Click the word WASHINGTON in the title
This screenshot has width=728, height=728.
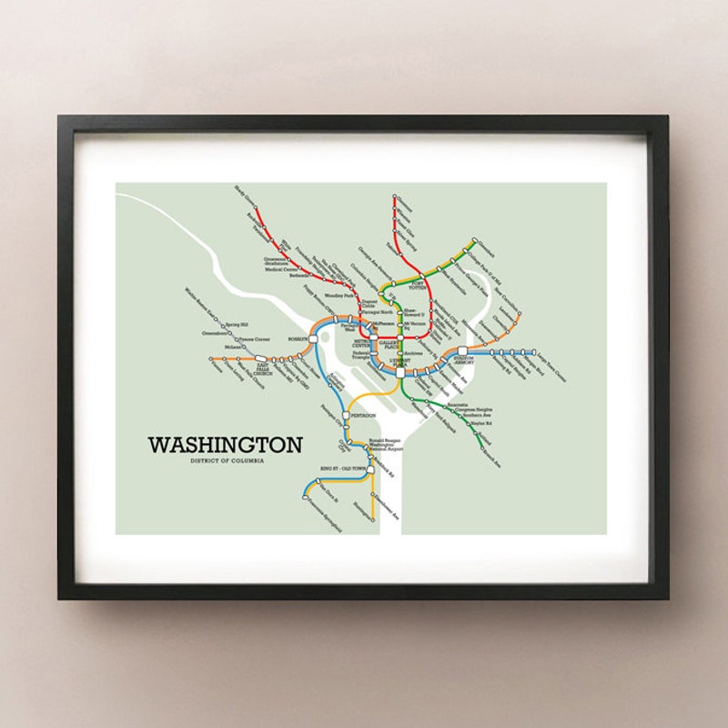(225, 446)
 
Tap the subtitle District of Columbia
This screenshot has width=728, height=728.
(225, 463)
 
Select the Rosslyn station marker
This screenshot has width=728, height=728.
(314, 338)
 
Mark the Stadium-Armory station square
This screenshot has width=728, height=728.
(462, 350)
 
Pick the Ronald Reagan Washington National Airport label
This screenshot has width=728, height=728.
(385, 445)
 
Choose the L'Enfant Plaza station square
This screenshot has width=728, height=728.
(399, 371)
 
